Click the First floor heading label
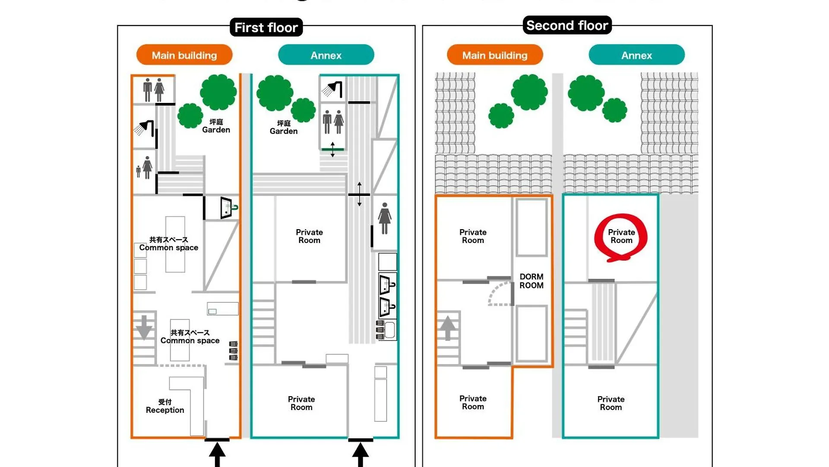(266, 28)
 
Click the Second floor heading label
(567, 26)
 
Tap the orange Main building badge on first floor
(184, 55)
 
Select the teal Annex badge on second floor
(636, 55)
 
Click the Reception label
(165, 406)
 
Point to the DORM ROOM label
(532, 281)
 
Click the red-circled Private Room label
(621, 237)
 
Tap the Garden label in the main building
(216, 126)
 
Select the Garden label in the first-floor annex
(284, 128)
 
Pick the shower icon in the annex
(332, 89)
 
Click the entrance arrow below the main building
(217, 454)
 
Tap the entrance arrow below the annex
(361, 454)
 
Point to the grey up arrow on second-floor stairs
(448, 327)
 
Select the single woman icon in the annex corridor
(384, 218)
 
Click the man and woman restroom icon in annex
(333, 122)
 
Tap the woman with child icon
(144, 168)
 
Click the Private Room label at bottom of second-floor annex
(611, 403)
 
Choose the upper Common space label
(168, 244)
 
